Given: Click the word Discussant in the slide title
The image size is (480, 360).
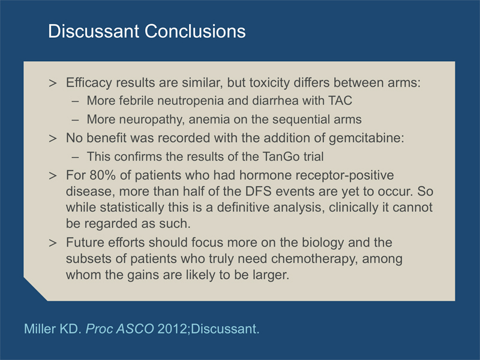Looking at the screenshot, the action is [94, 31].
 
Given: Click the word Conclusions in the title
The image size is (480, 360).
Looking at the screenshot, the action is [195, 31].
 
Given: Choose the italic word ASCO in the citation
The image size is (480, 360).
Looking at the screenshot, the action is [136, 329].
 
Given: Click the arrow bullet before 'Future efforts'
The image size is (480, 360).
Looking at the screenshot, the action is [53, 243].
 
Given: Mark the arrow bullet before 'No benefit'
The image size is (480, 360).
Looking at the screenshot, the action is [53, 139].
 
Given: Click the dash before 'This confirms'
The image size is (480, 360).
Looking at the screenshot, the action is [75, 157].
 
